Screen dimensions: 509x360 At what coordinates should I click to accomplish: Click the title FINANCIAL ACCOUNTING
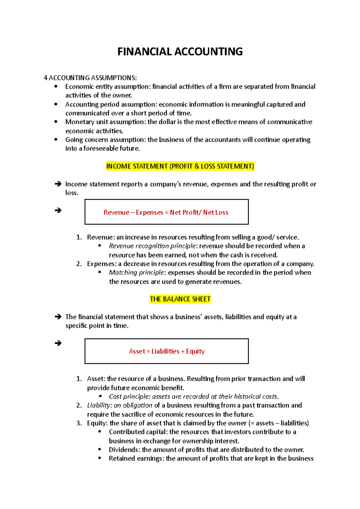pyautogui.click(x=180, y=52)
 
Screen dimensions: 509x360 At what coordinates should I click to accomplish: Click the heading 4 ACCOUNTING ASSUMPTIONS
pyautogui.click(x=90, y=78)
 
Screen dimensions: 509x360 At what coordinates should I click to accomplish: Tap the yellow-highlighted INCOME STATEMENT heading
pyautogui.click(x=180, y=166)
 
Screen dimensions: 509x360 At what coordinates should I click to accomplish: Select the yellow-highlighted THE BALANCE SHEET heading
pyautogui.click(x=180, y=299)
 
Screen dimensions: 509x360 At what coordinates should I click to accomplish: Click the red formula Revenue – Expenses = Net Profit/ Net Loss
pyautogui.click(x=166, y=212)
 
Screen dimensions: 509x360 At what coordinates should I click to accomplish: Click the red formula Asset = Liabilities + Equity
pyautogui.click(x=166, y=351)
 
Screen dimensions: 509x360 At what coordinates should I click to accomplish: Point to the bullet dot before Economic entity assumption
pyautogui.click(x=56, y=87)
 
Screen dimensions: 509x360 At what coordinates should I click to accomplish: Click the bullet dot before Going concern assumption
pyautogui.click(x=56, y=139)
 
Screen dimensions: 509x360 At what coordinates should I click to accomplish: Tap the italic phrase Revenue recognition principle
pyautogui.click(x=152, y=246)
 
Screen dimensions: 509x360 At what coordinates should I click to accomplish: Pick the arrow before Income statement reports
pyautogui.click(x=58, y=184)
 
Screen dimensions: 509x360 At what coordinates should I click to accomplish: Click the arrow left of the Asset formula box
pyautogui.click(x=58, y=343)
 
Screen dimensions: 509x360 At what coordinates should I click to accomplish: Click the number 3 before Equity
pyautogui.click(x=79, y=423)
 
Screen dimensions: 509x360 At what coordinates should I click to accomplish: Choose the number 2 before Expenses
pyautogui.click(x=79, y=264)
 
